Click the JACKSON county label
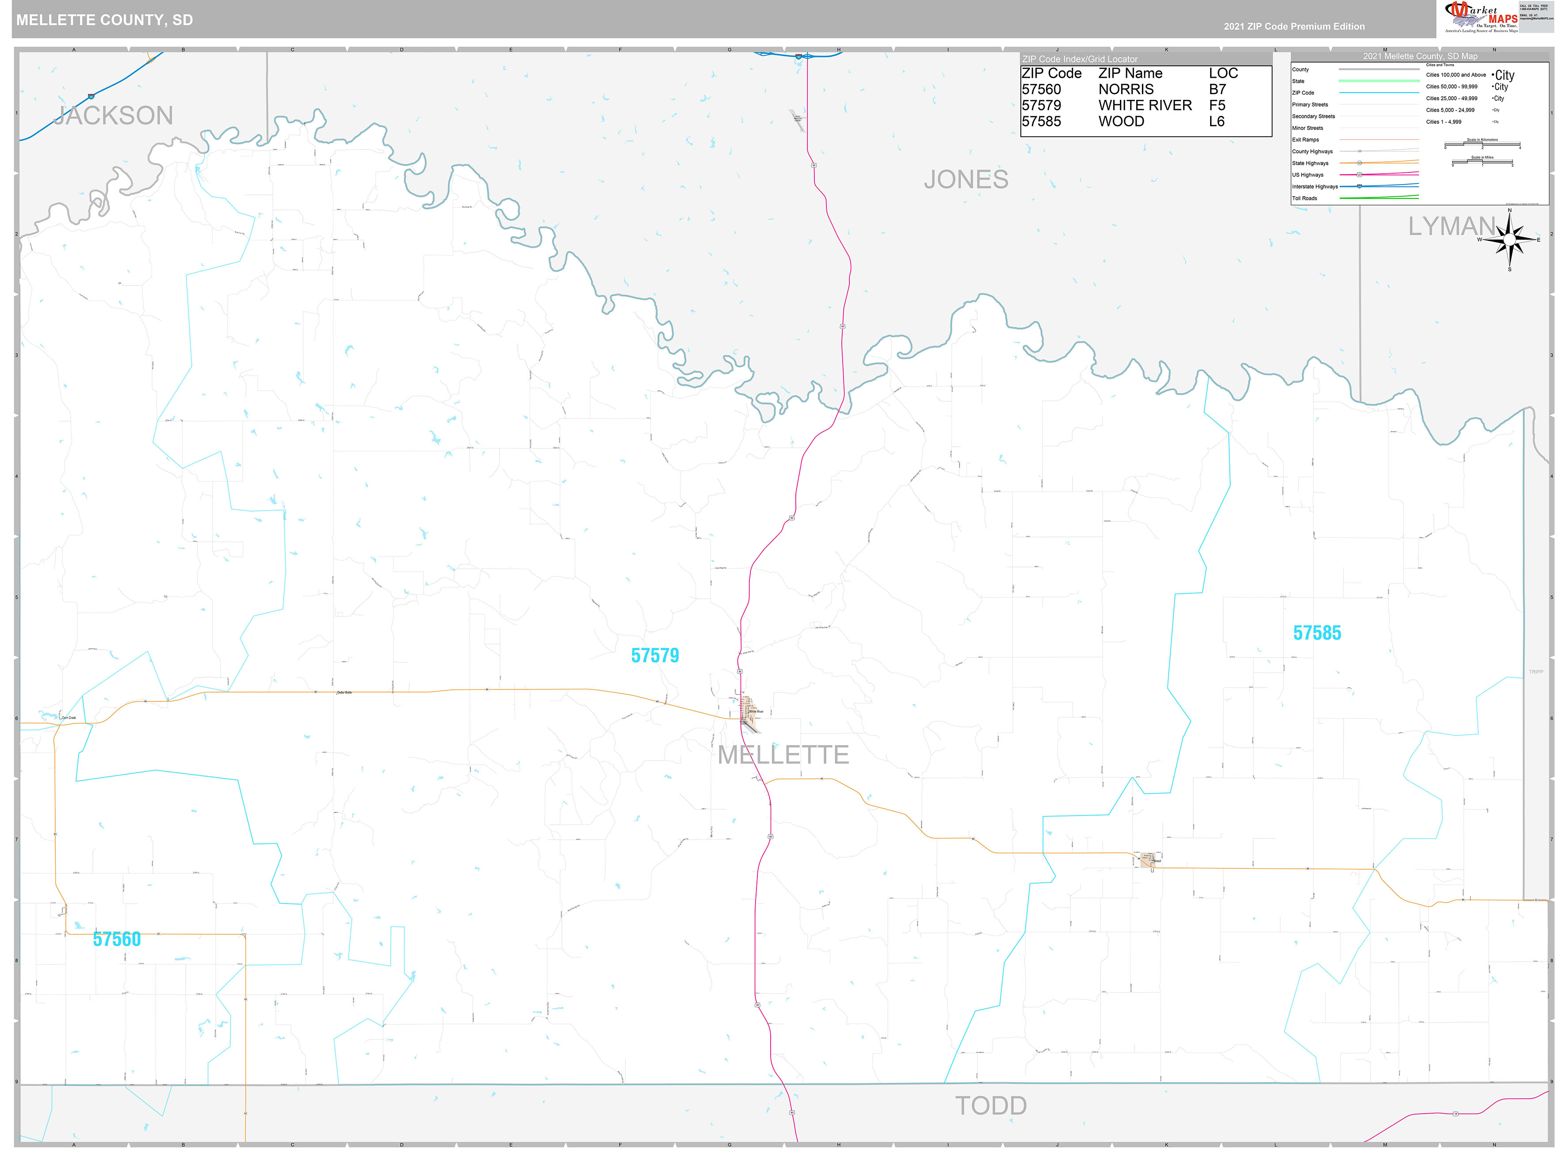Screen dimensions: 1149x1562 click(114, 115)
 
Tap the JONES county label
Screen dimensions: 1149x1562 click(966, 179)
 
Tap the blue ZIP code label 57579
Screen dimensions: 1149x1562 click(655, 655)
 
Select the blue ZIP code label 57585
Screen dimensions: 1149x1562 click(1316, 633)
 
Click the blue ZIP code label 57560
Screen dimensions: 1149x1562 click(117, 939)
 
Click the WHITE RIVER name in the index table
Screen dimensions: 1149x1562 click(1145, 106)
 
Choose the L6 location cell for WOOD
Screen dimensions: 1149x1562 click(1216, 122)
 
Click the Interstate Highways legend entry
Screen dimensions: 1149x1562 click(1314, 186)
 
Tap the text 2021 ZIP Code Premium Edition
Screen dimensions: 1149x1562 click(1294, 27)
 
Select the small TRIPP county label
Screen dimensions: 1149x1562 click(1535, 672)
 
